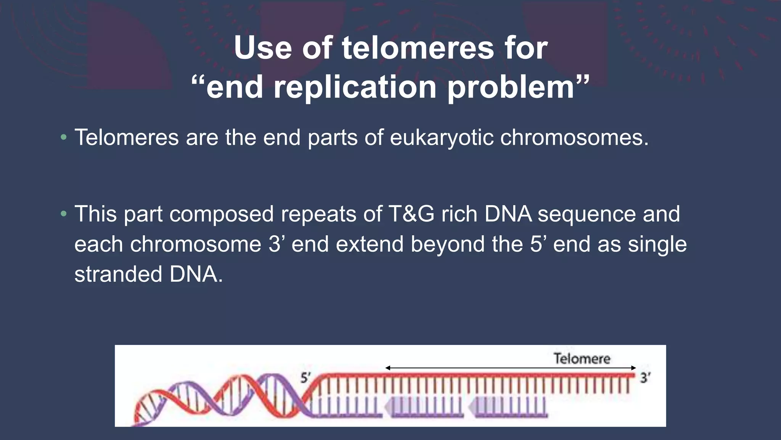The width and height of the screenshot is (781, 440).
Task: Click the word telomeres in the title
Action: point(418,48)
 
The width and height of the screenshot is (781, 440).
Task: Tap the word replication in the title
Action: point(355,87)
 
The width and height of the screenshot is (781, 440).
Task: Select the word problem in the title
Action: point(511,87)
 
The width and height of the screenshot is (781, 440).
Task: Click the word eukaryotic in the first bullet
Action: point(441,137)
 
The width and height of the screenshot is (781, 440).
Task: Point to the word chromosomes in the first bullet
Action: point(574,137)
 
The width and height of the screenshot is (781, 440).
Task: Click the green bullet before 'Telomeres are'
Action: point(64,137)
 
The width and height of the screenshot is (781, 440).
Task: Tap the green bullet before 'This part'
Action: point(64,214)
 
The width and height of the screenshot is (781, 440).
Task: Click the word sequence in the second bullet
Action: point(587,214)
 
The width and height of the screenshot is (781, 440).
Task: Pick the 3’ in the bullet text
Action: point(276,244)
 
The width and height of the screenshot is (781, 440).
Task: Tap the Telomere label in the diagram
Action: point(582,358)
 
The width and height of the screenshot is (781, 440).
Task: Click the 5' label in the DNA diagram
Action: point(305,378)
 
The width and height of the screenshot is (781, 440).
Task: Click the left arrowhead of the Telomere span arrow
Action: point(388,368)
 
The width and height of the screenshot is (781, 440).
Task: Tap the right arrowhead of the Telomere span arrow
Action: point(633,368)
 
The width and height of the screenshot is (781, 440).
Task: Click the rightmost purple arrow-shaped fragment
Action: point(507,406)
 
